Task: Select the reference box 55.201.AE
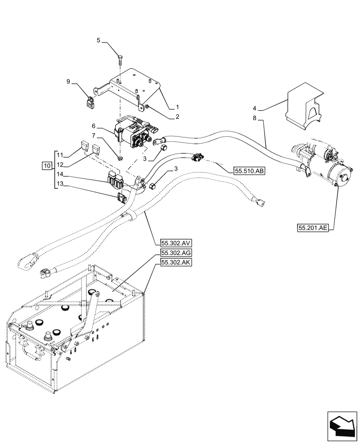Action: click(313, 228)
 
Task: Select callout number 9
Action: click(68, 81)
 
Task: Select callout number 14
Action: click(60, 175)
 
